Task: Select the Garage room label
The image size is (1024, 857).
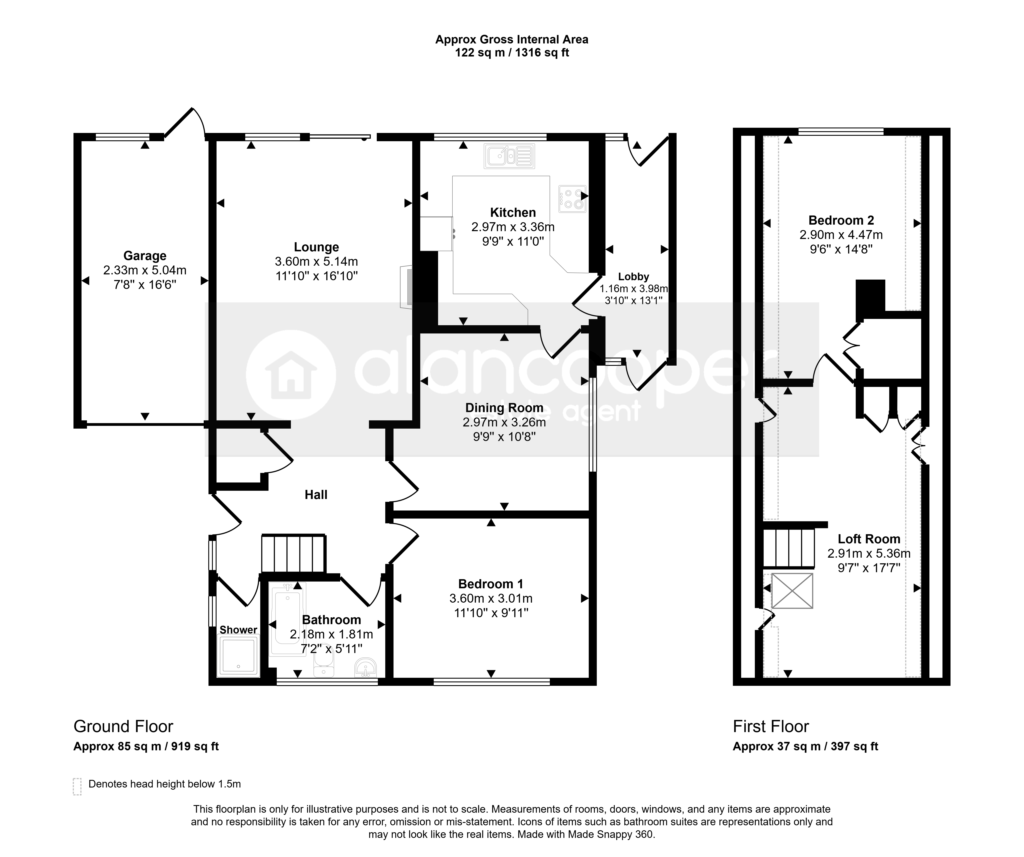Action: click(145, 256)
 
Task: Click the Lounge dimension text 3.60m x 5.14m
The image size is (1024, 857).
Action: click(317, 262)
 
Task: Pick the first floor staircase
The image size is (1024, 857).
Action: click(789, 548)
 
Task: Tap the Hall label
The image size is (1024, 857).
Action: click(316, 495)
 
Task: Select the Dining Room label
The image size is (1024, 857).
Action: click(504, 408)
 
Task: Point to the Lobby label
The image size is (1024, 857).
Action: click(633, 277)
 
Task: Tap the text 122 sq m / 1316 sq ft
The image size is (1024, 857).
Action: click(512, 53)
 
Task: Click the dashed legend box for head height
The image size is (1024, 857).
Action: click(77, 786)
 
